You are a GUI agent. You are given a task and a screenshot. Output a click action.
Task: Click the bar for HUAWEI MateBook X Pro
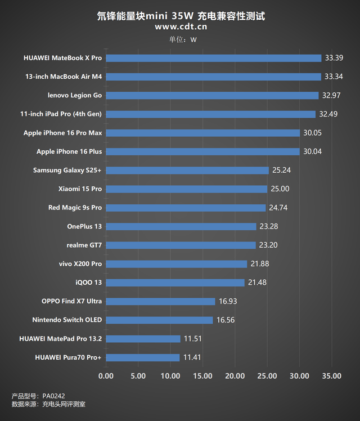[x=213, y=58]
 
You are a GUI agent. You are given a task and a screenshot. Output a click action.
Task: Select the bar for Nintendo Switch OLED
[x=159, y=320]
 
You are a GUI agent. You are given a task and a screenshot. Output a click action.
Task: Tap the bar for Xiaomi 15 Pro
[x=186, y=189]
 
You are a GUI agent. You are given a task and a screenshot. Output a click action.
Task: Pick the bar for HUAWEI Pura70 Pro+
[x=142, y=357]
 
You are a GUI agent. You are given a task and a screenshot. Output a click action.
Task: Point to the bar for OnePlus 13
[x=181, y=226]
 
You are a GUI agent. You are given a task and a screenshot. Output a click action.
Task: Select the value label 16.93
[x=228, y=301]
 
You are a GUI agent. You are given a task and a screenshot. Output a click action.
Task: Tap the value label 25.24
[x=281, y=170]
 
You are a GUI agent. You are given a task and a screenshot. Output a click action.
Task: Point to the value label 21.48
[x=257, y=283]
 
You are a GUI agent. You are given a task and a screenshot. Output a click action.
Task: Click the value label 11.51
[x=192, y=339]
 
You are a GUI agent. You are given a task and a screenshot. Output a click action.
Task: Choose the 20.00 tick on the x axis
[x=235, y=376]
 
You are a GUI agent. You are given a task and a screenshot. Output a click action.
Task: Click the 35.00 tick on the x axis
[x=331, y=376]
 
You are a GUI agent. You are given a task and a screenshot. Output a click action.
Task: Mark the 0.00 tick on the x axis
[x=106, y=376]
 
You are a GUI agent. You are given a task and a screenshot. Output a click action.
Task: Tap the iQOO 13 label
[x=89, y=283]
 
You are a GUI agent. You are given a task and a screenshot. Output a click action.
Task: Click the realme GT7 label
[x=84, y=245]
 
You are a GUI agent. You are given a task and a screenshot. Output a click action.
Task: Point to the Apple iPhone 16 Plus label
[x=69, y=151]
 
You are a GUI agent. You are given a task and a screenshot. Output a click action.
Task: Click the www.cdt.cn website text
[x=180, y=26]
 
